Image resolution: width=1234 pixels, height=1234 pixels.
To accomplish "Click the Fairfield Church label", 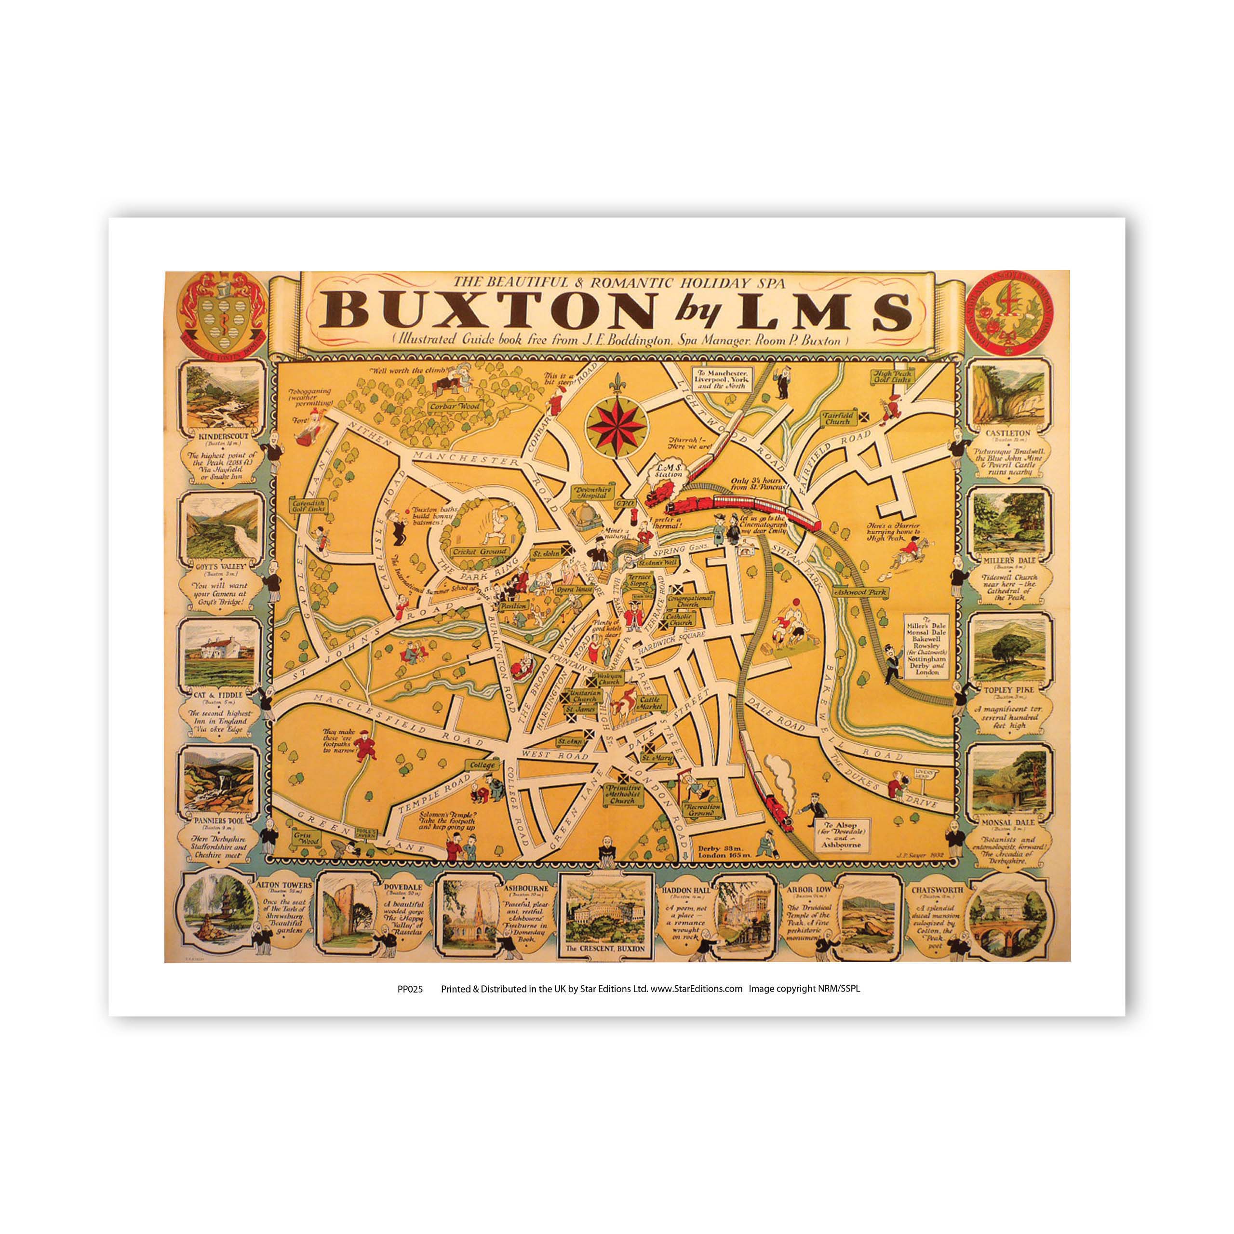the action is click(837, 418).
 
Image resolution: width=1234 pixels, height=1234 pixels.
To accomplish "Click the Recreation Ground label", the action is click(703, 810).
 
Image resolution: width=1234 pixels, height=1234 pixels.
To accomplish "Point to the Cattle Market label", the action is click(652, 703).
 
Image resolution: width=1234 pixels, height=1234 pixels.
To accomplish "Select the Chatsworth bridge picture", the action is click(1007, 916).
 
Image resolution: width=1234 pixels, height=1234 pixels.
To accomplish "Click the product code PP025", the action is click(409, 989).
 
